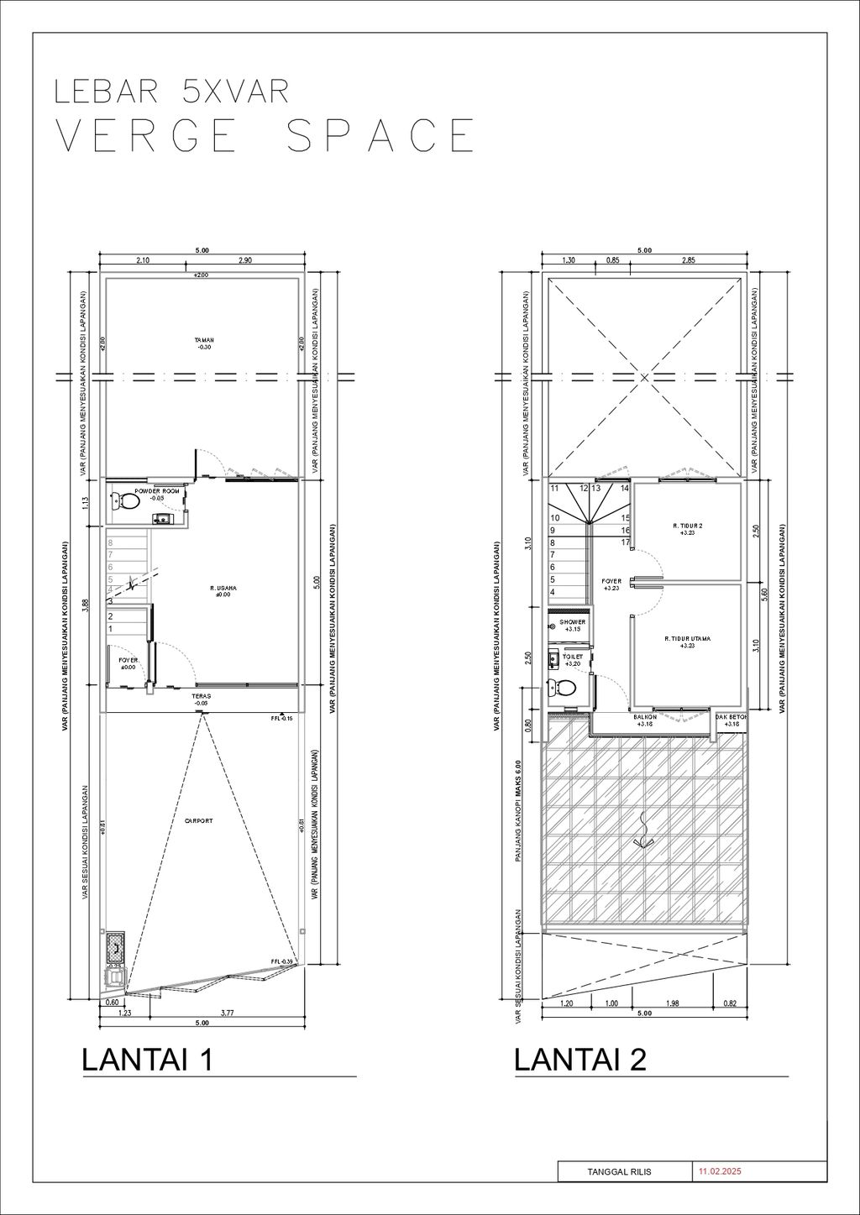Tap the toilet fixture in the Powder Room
point(126,501)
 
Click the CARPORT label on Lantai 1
point(199,820)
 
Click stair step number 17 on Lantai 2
point(625,542)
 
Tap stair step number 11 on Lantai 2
point(554,488)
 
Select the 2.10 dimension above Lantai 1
point(143,261)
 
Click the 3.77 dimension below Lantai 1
point(227,1013)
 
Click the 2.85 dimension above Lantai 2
point(688,260)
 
